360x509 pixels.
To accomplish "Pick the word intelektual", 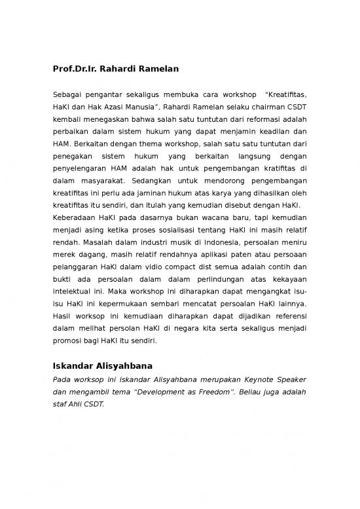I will point(74,293).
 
